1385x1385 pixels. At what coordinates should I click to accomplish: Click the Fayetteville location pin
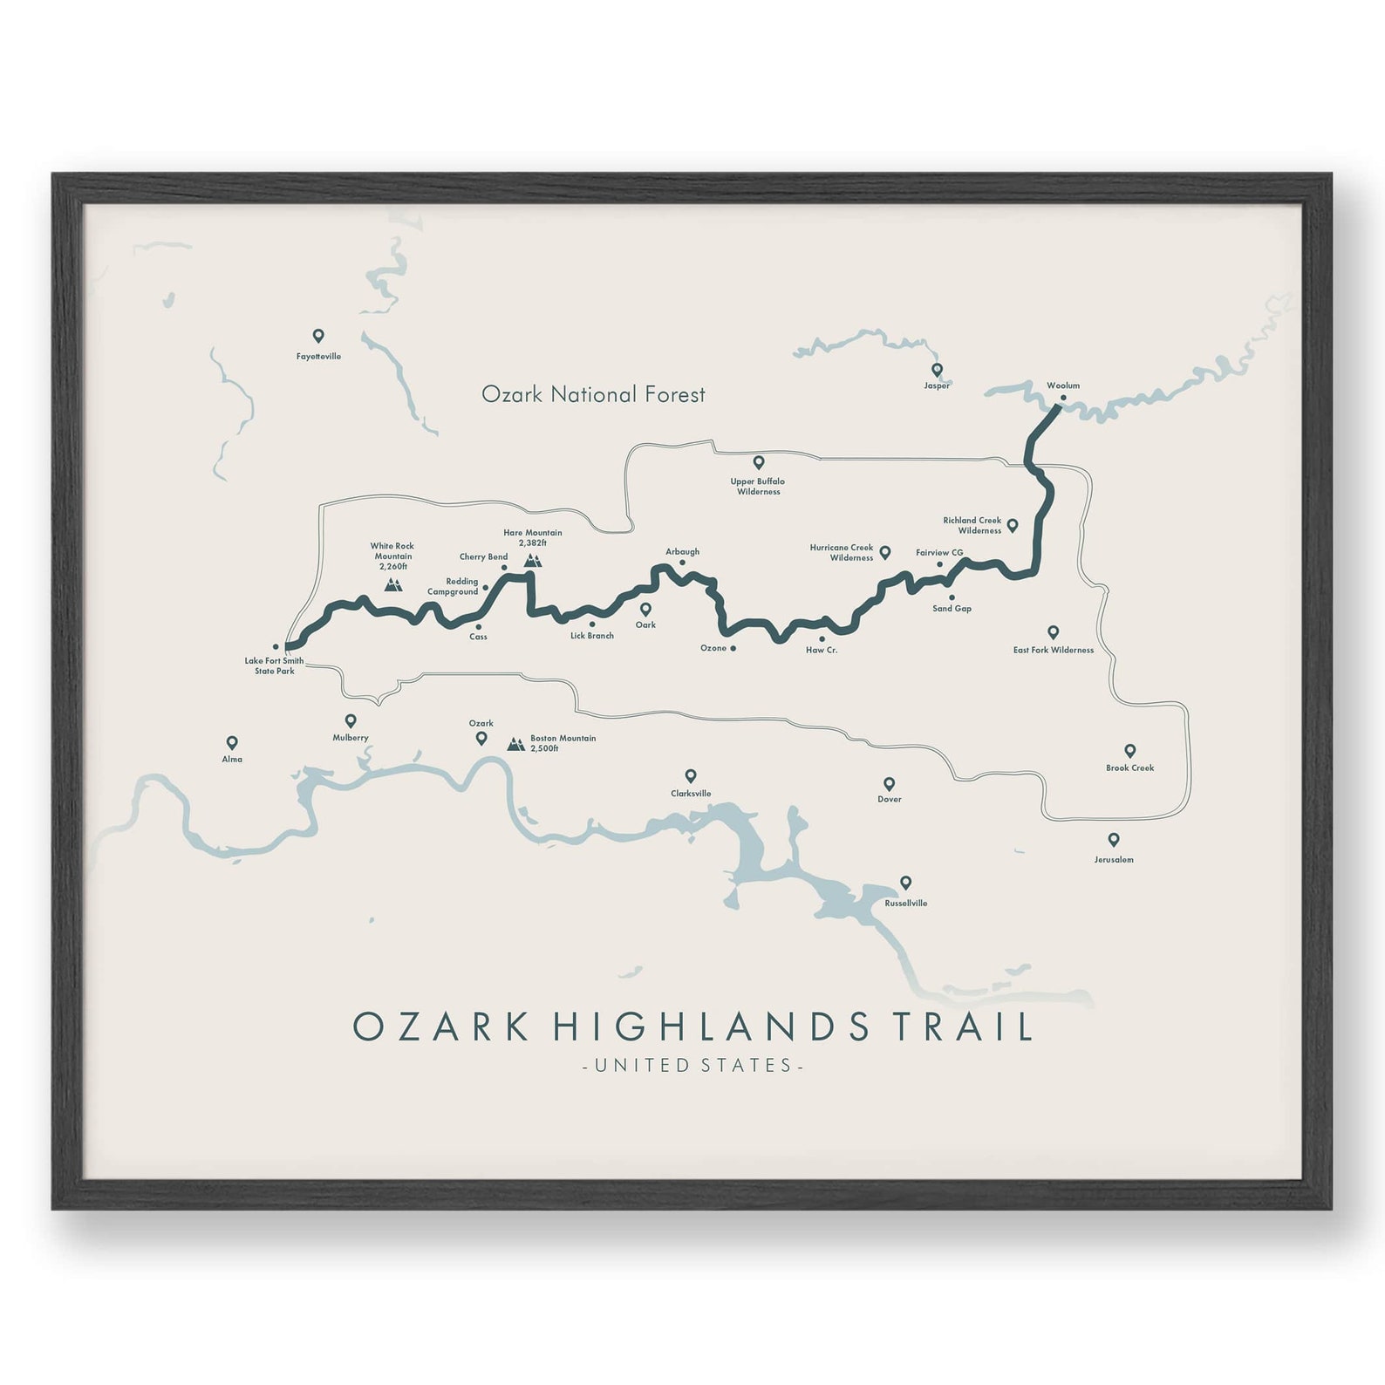(x=318, y=336)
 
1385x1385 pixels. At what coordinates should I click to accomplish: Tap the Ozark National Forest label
(x=593, y=395)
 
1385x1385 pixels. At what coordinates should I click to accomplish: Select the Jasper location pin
(x=937, y=370)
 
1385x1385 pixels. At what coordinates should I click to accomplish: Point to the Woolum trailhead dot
(x=1062, y=398)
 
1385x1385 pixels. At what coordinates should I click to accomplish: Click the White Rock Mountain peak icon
(x=393, y=584)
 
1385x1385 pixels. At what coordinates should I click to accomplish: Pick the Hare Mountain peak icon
(x=532, y=560)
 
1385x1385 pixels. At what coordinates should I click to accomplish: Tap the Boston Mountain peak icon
(x=516, y=744)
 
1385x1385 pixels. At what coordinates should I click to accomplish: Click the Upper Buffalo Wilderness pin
(x=759, y=463)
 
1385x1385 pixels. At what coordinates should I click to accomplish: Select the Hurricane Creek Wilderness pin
(x=884, y=552)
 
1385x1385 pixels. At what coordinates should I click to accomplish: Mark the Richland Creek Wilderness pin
(x=1013, y=525)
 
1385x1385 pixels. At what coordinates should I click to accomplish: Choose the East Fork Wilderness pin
(x=1053, y=632)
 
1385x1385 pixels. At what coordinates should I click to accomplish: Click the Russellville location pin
(x=905, y=883)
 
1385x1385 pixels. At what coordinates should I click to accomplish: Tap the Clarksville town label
(x=691, y=794)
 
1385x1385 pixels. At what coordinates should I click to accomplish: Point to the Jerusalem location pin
(x=1114, y=840)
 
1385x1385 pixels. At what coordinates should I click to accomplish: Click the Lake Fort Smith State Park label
(x=274, y=665)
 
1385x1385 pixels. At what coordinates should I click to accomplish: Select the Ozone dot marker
(x=733, y=648)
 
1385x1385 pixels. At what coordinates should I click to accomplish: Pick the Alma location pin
(x=232, y=743)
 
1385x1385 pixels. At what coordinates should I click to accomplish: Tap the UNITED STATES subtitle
(x=692, y=1065)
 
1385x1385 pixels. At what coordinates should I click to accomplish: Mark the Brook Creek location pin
(x=1129, y=751)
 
